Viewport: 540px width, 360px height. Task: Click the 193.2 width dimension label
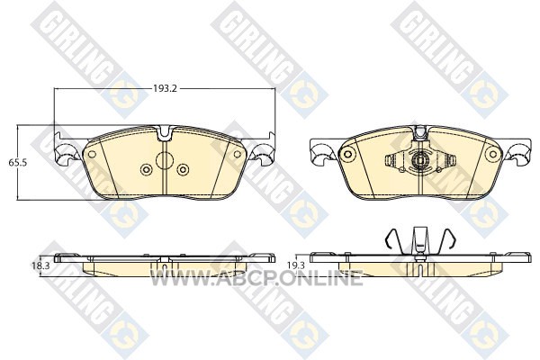(x=165, y=88)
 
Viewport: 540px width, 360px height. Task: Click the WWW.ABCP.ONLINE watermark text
(x=256, y=278)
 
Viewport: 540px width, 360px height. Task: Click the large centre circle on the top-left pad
(x=165, y=160)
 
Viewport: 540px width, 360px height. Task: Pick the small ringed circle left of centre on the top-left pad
(x=147, y=169)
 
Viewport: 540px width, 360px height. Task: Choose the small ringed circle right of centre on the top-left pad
(x=183, y=169)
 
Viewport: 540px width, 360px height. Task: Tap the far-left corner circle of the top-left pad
(x=92, y=154)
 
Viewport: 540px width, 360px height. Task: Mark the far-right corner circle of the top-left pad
(x=238, y=154)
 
